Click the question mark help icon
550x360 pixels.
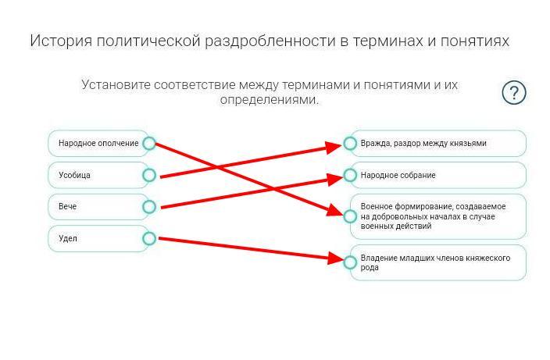(513, 93)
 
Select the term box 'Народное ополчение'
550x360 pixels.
(98, 144)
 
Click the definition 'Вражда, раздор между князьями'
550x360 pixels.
(437, 144)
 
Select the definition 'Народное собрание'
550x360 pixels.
(437, 175)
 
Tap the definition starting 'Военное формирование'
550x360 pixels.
(437, 216)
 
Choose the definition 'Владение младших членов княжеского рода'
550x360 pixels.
(437, 262)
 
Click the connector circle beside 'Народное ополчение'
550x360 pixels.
(149, 144)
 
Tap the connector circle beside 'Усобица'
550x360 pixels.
(149, 175)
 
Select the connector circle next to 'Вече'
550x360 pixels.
(149, 207)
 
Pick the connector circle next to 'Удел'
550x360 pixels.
(149, 238)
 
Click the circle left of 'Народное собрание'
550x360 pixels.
(350, 175)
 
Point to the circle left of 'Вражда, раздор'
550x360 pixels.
(350, 144)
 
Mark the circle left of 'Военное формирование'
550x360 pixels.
(350, 216)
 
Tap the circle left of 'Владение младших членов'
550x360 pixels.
(350, 262)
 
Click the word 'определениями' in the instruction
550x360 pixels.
(269, 101)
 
